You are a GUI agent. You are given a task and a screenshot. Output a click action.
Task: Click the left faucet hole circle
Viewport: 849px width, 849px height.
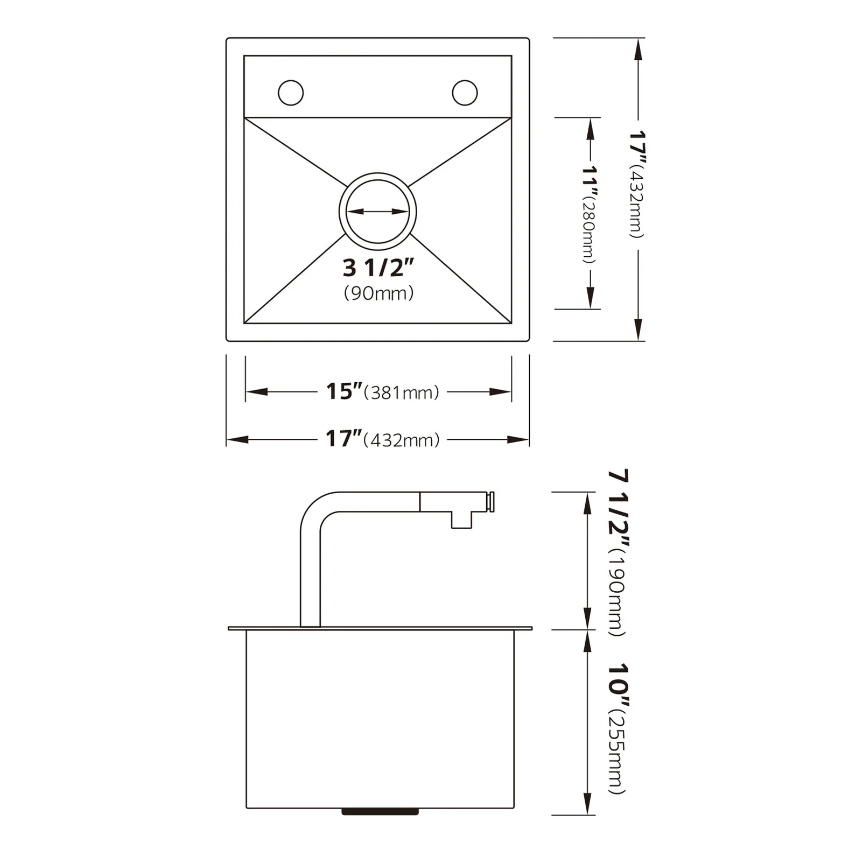pyautogui.click(x=291, y=93)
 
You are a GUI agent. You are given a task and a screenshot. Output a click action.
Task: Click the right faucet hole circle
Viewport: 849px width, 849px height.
pyautogui.click(x=465, y=93)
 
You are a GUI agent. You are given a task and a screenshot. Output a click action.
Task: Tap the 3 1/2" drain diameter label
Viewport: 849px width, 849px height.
pyautogui.click(x=378, y=268)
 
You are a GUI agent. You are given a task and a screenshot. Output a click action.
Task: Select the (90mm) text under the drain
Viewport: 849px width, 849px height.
pyautogui.click(x=378, y=293)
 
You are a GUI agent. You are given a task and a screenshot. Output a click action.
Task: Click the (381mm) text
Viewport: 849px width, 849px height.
pyautogui.click(x=402, y=393)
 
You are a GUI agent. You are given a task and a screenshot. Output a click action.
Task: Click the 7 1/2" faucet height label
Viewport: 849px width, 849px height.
pyautogui.click(x=618, y=509)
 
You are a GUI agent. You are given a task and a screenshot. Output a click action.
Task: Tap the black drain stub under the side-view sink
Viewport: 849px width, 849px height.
pyautogui.click(x=380, y=811)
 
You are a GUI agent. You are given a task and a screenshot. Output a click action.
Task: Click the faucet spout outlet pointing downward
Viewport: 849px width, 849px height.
pyautogui.click(x=461, y=521)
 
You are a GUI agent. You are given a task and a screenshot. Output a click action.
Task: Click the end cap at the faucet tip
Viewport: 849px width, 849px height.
pyautogui.click(x=490, y=502)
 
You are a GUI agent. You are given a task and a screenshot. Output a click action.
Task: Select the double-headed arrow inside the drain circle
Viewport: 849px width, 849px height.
pyautogui.click(x=377, y=212)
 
